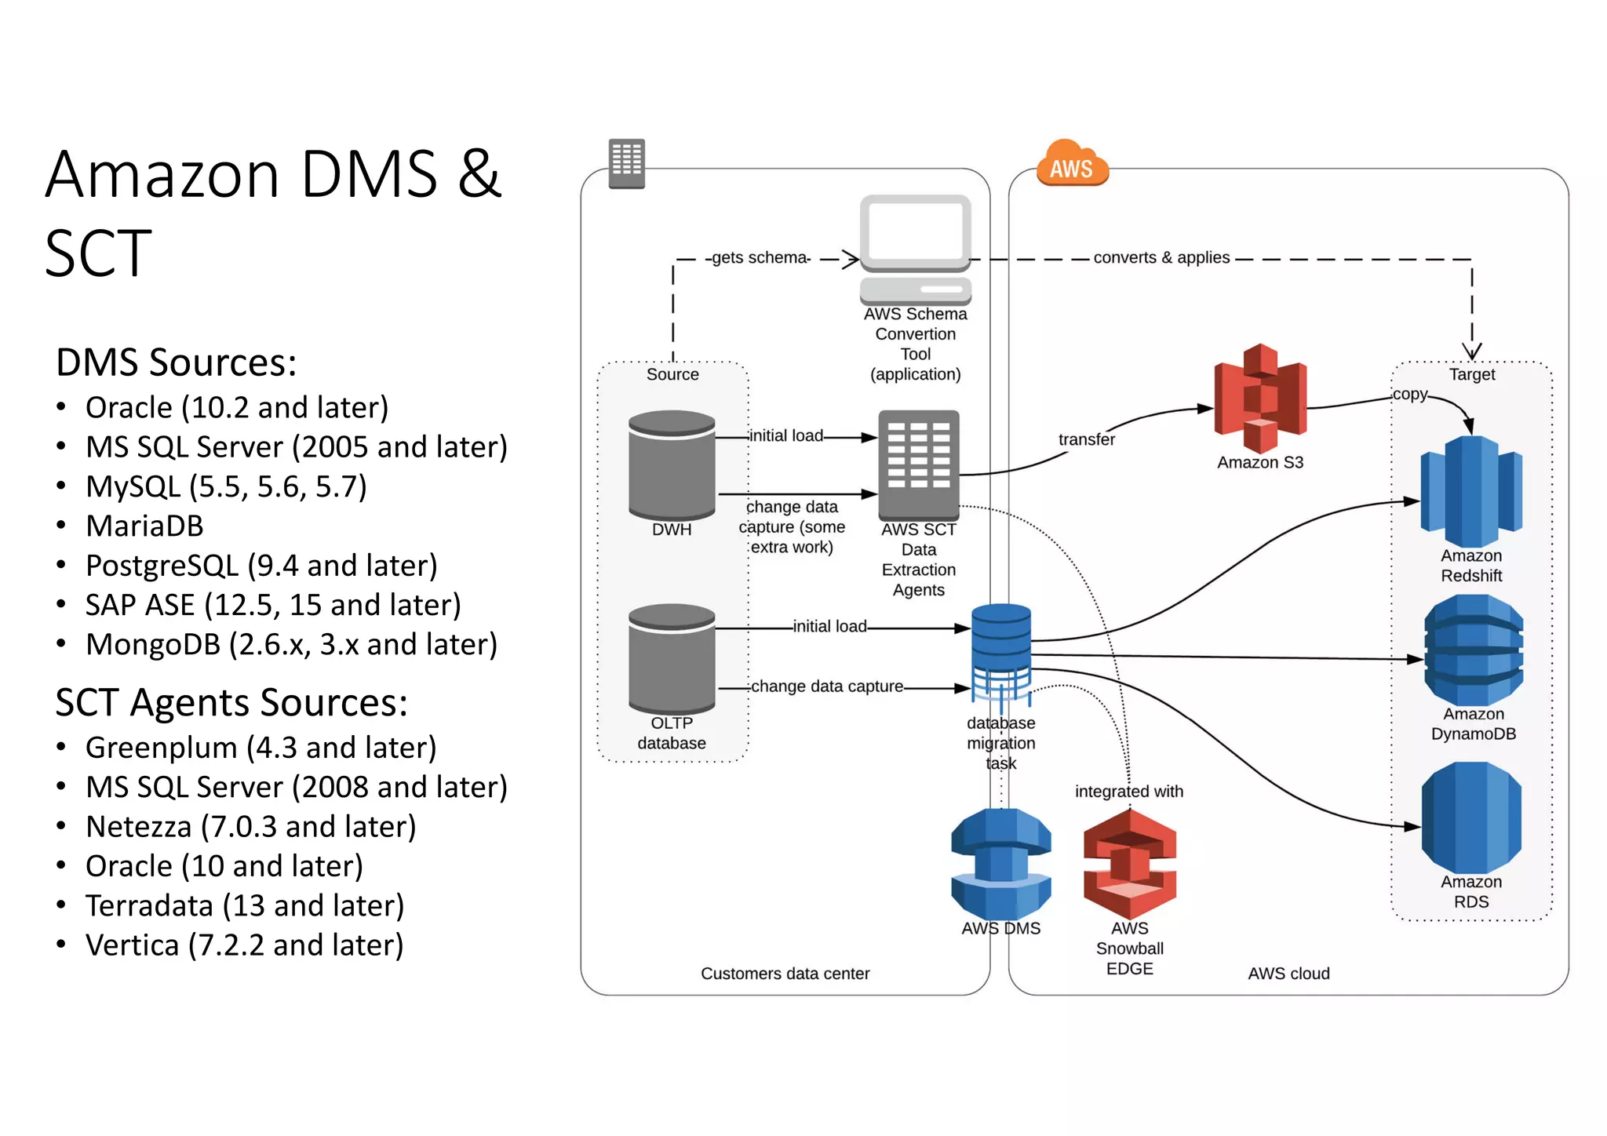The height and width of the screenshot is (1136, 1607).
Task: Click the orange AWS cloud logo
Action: [x=1072, y=164]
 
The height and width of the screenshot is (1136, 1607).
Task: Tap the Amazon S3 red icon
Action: [x=1260, y=399]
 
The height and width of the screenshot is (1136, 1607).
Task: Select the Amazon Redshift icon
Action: [x=1471, y=492]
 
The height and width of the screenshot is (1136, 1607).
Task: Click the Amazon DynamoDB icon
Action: [x=1474, y=650]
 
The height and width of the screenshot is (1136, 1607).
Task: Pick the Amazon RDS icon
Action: [x=1471, y=818]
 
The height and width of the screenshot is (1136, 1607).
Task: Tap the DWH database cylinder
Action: [x=672, y=465]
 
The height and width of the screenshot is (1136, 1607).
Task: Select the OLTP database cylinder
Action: [x=672, y=657]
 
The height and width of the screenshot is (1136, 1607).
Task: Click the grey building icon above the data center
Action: [x=627, y=163]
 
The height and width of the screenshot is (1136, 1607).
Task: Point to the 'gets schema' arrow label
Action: [x=759, y=258]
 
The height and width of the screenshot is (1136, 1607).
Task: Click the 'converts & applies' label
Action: [x=1161, y=258]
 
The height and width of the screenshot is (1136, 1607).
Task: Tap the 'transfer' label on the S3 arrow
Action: [x=1086, y=440]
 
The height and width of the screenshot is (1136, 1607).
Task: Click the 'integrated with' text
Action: [x=1128, y=792]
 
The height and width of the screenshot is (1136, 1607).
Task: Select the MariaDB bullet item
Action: [x=144, y=526]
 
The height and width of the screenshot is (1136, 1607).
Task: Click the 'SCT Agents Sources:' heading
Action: [x=231, y=702]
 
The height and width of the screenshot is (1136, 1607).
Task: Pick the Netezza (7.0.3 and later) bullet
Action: [x=250, y=827]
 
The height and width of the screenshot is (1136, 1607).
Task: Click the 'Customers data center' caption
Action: [x=785, y=974]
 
